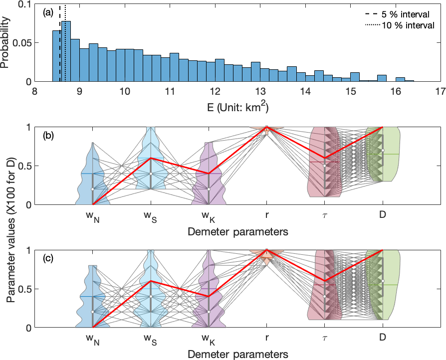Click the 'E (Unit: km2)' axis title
[x=237, y=107]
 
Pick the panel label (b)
[x=48, y=135]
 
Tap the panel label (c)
[x=48, y=258]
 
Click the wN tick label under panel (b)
[x=93, y=217]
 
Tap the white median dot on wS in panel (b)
[x=151, y=174]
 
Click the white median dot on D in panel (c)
[x=383, y=281]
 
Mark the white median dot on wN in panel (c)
[x=93, y=312]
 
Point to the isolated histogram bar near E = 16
[x=400, y=79]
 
